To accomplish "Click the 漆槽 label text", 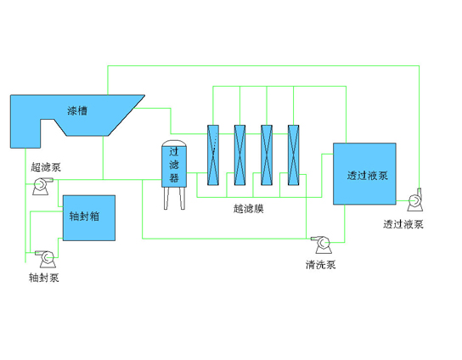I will click(77, 110).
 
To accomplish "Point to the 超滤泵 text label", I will click(45, 167).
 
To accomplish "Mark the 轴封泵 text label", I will click(43, 277).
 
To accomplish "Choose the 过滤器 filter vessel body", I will click(174, 166).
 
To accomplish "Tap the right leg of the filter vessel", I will click(182, 197).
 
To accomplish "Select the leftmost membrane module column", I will click(213, 155).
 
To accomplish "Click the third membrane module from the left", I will click(267, 155).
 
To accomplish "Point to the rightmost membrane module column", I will click(294, 155).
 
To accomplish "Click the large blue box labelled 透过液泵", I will click(364, 174).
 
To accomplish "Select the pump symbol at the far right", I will click(414, 200).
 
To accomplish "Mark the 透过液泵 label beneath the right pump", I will click(403, 224).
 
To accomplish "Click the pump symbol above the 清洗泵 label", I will click(323, 245).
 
